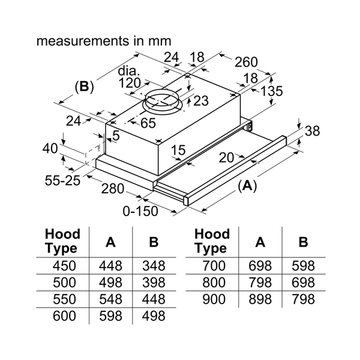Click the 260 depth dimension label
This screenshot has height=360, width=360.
click(246, 61)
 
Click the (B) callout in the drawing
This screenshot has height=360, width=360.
click(84, 87)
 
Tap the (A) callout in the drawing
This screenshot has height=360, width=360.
click(246, 187)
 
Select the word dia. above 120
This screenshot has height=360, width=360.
click(130, 71)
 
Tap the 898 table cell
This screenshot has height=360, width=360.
click(260, 299)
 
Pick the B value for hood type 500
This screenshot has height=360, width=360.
click(154, 282)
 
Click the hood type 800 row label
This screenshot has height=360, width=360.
click(214, 282)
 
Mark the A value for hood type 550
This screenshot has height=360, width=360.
click(110, 298)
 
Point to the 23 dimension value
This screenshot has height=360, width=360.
click(201, 100)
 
